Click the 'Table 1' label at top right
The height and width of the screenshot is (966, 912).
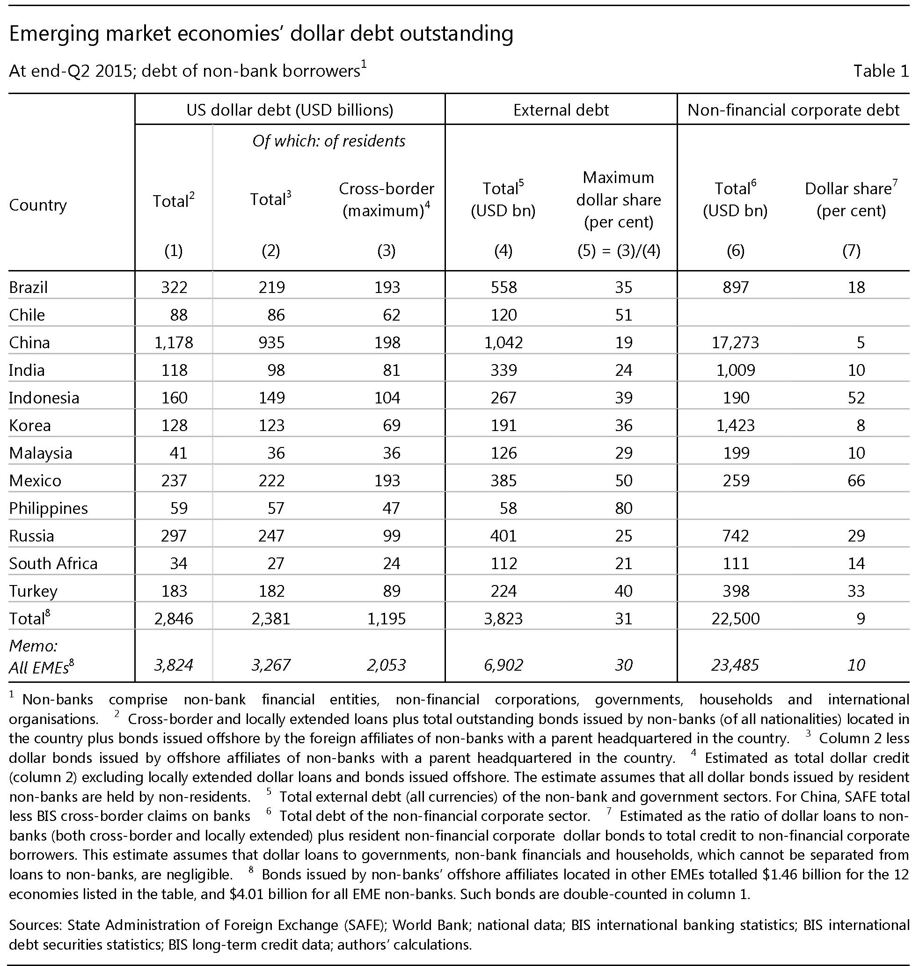coord(880,71)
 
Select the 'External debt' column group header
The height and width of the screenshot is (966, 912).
coord(561,110)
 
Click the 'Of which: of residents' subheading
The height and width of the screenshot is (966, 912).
coord(328,141)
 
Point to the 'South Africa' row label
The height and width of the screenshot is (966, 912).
coord(53,563)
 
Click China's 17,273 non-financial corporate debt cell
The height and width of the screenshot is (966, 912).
coord(735,343)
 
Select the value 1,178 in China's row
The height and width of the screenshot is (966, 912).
coord(174,343)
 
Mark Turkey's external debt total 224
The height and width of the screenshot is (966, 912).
coord(503,591)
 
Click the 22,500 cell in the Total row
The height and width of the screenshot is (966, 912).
coord(735,618)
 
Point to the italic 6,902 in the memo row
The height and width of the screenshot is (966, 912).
coord(503,665)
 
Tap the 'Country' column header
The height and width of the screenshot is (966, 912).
coord(37,205)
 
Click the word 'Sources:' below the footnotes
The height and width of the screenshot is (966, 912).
coord(36,925)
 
